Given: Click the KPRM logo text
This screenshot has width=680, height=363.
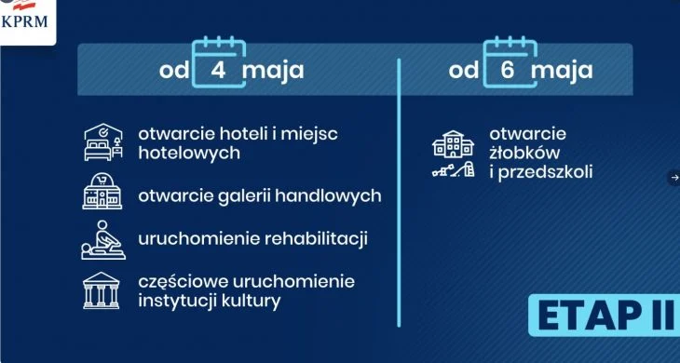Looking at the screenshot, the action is pyautogui.click(x=24, y=21).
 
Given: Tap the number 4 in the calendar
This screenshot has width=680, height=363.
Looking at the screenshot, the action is pyautogui.click(x=218, y=70).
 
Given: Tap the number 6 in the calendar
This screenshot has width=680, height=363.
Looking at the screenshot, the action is pyautogui.click(x=508, y=70).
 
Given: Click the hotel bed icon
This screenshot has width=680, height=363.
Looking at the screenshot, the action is pyautogui.click(x=103, y=142).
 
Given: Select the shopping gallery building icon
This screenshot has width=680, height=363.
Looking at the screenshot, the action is pyautogui.click(x=102, y=191).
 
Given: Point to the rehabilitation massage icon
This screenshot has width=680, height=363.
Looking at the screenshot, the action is pyautogui.click(x=103, y=240).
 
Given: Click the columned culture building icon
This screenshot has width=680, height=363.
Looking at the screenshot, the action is pyautogui.click(x=101, y=290).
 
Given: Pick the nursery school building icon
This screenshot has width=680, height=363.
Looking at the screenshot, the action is pyautogui.click(x=454, y=144).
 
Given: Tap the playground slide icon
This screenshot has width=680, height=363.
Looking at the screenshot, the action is pyautogui.click(x=454, y=169).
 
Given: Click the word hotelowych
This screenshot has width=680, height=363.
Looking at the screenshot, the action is pyautogui.click(x=189, y=153).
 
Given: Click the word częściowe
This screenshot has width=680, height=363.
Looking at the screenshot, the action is pyautogui.click(x=184, y=282).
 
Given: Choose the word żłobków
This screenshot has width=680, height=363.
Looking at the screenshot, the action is pyautogui.click(x=524, y=153).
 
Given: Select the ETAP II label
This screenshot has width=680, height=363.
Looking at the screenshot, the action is pyautogui.click(x=605, y=316).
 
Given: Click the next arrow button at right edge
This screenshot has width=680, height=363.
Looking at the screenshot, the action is pyautogui.click(x=674, y=178).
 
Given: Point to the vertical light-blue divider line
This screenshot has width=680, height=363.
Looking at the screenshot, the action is pyautogui.click(x=399, y=193).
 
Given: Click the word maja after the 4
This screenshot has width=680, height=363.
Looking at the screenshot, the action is pyautogui.click(x=273, y=71).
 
